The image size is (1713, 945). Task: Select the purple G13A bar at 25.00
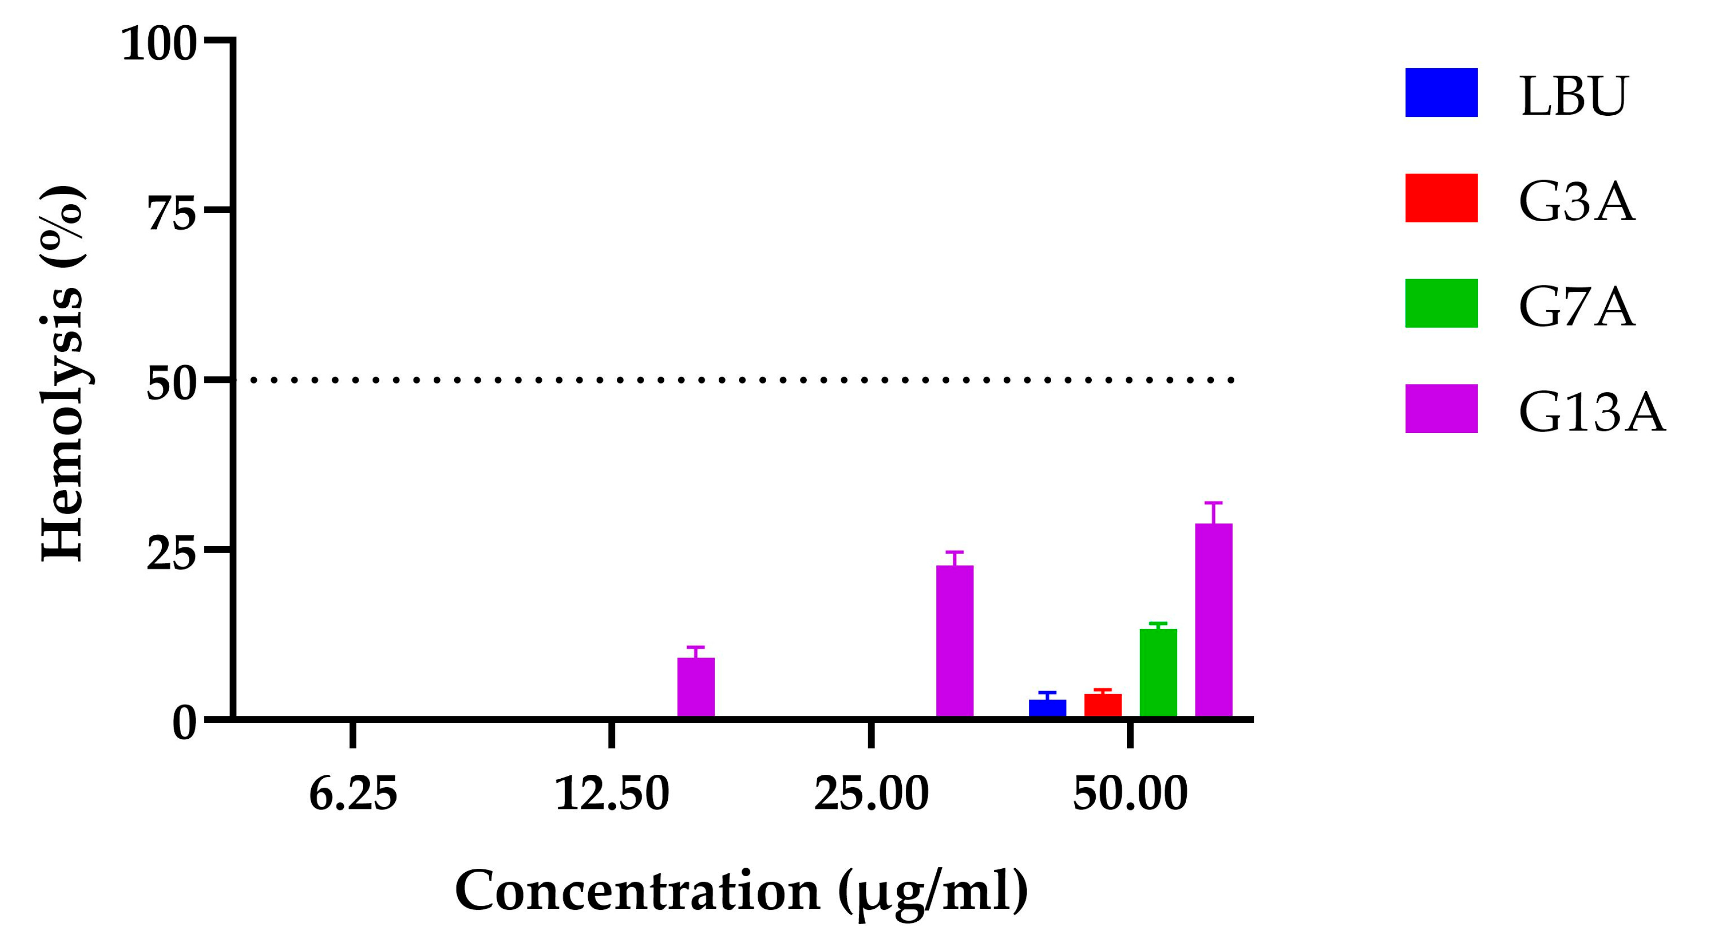pyautogui.click(x=954, y=641)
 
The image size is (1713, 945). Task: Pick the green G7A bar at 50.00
pyautogui.click(x=1158, y=672)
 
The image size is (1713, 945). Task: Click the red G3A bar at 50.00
pyautogui.click(x=1103, y=705)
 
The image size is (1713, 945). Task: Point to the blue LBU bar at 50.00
pyautogui.click(x=1047, y=708)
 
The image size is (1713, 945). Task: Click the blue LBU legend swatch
pyautogui.click(x=1441, y=93)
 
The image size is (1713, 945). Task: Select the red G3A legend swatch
pyautogui.click(x=1441, y=198)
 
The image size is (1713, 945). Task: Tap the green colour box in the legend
pyautogui.click(x=1441, y=303)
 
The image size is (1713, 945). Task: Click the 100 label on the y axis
pyautogui.click(x=160, y=45)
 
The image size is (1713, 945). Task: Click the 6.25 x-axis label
pyautogui.click(x=353, y=794)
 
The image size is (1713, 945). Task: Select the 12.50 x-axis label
pyautogui.click(x=612, y=794)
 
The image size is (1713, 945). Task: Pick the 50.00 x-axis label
pyautogui.click(x=1130, y=794)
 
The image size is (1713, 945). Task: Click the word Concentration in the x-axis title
pyautogui.click(x=637, y=891)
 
